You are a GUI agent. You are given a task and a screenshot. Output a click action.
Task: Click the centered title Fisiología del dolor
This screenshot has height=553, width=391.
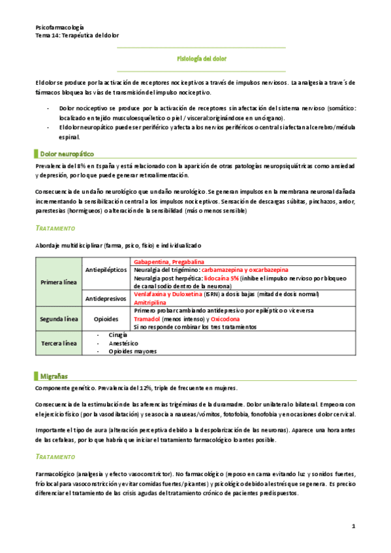coord(202,59)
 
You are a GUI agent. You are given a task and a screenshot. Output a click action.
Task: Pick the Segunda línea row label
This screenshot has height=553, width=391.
coord(59,320)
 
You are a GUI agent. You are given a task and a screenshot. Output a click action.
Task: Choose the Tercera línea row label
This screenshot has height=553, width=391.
coord(59,344)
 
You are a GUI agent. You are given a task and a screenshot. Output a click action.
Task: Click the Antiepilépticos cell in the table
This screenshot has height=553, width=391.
coord(106,269)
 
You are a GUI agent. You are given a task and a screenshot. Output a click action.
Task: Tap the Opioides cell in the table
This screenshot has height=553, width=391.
coord(106,320)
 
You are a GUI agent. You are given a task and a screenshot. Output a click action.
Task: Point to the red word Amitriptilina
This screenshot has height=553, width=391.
coord(151,303)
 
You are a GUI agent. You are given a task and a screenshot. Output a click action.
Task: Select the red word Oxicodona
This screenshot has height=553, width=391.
coord(220,320)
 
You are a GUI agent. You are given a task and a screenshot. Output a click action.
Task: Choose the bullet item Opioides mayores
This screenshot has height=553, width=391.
coord(133,351)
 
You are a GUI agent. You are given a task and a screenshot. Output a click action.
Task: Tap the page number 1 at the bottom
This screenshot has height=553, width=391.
coord(353,526)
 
